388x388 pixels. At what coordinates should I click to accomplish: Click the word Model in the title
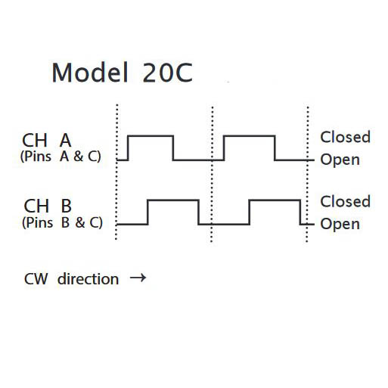coord(89,73)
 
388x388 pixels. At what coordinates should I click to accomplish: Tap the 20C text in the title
coord(168,73)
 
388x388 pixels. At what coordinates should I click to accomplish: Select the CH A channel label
coord(47,140)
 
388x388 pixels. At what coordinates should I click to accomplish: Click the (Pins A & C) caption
coord(61,157)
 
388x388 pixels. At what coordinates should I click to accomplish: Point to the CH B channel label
coord(48,206)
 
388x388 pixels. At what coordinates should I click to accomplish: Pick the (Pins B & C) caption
coord(62,222)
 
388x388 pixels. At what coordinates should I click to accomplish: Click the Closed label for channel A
coord(345,137)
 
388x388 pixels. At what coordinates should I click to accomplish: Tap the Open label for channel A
coord(340,160)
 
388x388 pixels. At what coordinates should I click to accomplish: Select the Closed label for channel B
coord(345,201)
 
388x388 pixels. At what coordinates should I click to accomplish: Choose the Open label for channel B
coord(340,224)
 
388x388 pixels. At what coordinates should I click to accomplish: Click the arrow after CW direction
coord(138,278)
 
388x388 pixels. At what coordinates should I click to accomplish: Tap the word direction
coord(88,279)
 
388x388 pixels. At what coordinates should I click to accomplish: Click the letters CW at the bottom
coord(36,279)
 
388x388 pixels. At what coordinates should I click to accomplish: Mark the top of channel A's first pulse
coord(151,136)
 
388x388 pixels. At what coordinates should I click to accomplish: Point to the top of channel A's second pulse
coord(250,136)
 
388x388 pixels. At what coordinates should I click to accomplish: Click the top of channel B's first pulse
coord(173,200)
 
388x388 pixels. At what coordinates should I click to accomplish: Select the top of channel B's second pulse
coord(275,200)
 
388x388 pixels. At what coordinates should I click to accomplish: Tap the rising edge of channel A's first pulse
coord(129,148)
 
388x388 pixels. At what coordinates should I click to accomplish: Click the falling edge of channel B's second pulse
coord(300,213)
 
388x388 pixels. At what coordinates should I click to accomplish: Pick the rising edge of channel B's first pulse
coord(148,213)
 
